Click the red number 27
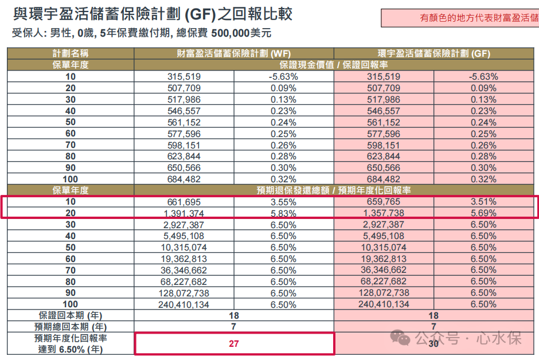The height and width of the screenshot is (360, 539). pos(234,343)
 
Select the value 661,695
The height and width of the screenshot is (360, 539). pos(184,202)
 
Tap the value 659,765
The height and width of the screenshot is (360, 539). pos(384,202)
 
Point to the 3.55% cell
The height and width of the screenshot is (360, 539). pos(283,202)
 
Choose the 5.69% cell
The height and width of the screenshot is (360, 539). pos(483,213)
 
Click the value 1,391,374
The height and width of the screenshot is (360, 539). pos(184,213)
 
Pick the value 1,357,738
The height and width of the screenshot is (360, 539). pos(384,213)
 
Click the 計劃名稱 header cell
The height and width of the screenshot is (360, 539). pos(71,53)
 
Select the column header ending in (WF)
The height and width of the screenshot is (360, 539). pos(234,53)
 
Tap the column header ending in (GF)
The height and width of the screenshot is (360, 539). pos(434,53)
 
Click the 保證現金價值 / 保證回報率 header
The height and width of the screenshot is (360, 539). pos(334,65)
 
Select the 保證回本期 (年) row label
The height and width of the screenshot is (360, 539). pos(71,315)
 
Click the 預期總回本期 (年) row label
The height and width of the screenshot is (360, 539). pos(71,327)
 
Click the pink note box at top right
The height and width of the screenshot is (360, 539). pos(460,18)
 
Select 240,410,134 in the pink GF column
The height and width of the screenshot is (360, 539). pos(384,304)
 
